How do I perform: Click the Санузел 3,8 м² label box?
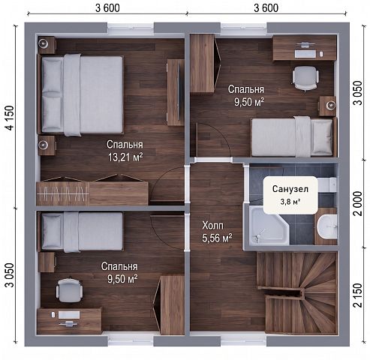coord(290,195)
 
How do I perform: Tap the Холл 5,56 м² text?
coord(217,232)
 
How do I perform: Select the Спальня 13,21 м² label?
coord(125,151)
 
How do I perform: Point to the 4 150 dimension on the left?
coord(10,118)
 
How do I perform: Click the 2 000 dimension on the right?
coord(358,203)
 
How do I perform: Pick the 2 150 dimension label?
coord(358,295)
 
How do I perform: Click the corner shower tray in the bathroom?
coord(269,226)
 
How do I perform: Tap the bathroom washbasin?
coord(326,226)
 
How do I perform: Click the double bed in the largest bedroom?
coord(81,95)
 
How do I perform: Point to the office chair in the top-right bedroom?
coord(305,78)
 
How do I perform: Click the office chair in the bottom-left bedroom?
coord(69,290)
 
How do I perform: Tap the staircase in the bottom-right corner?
coord(297,292)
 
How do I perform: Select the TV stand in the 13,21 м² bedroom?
coord(176,92)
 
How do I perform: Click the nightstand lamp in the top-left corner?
coord(44,43)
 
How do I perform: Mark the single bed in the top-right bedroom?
coord(293,136)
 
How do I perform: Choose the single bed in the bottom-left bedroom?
coord(80,232)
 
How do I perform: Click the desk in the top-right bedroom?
coord(305,48)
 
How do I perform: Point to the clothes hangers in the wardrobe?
coord(63,194)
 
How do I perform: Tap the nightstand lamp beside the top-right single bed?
coord(331,106)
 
